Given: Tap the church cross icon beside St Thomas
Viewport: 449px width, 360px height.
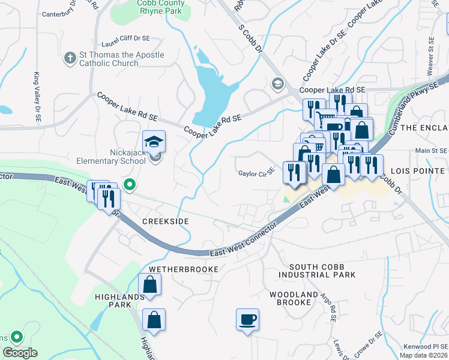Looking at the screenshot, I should (69, 59).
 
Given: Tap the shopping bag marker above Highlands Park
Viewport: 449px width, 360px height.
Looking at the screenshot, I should (149, 285).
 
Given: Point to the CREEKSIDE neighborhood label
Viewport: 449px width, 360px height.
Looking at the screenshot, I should (165, 221).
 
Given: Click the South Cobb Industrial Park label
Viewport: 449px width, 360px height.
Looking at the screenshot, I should (322, 271).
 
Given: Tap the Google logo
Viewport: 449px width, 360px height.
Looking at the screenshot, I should (20, 353).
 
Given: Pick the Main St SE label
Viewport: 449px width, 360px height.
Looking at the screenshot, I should (431, 151).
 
